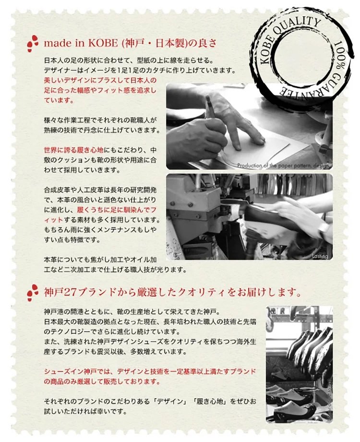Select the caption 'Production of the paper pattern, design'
tap(283, 166)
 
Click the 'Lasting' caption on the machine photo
tap(320, 256)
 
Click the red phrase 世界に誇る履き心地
tap(74, 150)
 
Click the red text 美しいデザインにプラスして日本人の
tap(100, 80)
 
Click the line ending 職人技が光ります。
tap(115, 270)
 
